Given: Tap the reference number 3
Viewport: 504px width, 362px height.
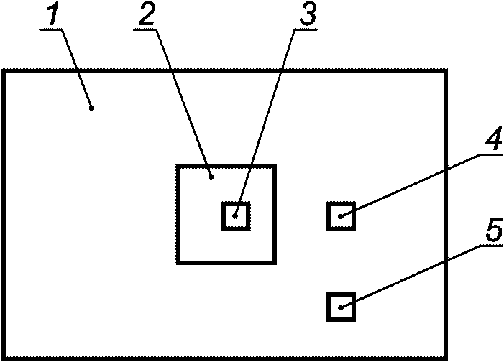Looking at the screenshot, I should (x=307, y=15).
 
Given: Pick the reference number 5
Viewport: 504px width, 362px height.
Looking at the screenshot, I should (x=493, y=230).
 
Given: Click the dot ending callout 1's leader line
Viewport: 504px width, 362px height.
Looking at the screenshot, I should (x=92, y=108).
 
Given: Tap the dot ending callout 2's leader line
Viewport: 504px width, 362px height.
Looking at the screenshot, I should (x=211, y=175).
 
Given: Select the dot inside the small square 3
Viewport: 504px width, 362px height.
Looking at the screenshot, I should (x=235, y=215).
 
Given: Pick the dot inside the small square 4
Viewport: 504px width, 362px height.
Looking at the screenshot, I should (x=342, y=215).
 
